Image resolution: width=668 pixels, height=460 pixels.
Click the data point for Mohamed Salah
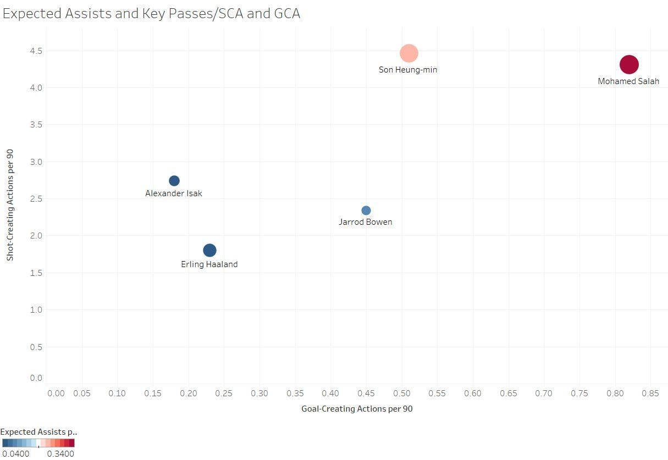pos(629,64)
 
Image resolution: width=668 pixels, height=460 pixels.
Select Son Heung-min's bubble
pos(408,53)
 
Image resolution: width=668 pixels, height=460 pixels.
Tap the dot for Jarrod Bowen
pos(366,210)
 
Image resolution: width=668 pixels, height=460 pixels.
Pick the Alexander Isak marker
pos(174,181)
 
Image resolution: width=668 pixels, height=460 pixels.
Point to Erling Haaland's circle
pos(209,250)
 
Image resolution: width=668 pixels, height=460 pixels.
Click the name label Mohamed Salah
pos(628,81)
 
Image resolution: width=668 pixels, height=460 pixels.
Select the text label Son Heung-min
pos(408,70)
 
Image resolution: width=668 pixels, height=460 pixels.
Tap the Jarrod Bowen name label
pos(366,222)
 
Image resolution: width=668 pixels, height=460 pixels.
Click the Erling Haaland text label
pos(209,264)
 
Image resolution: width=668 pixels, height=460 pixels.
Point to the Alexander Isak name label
pos(174,193)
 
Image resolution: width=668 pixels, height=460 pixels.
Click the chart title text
pos(151,14)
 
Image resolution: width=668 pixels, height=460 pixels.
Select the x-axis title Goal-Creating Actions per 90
pos(357,409)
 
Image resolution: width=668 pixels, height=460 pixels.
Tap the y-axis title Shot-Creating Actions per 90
pos(10,204)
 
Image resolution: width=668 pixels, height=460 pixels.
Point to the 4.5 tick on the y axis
pos(36,51)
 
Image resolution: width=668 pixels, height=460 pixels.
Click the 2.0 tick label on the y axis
pos(36,236)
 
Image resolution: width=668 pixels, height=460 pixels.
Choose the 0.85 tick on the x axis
pos(650,394)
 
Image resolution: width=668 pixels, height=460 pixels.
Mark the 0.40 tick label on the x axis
pos(330,394)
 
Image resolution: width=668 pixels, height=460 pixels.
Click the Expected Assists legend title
pos(38,432)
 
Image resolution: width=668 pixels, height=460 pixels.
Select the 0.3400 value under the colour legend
pos(60,454)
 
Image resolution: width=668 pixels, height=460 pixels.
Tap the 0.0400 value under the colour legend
pos(15,454)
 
